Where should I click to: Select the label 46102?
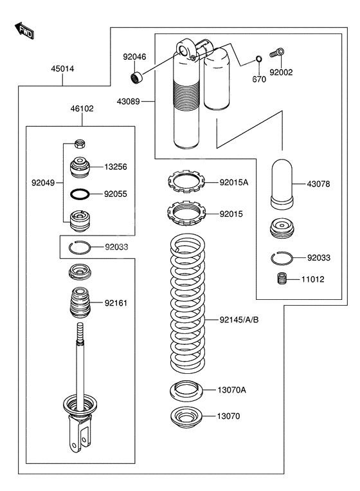82,109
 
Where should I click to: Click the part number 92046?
134,57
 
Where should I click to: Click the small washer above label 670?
258,60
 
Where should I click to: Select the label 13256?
116,167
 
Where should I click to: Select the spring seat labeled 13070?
187,418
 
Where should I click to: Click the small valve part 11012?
281,280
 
